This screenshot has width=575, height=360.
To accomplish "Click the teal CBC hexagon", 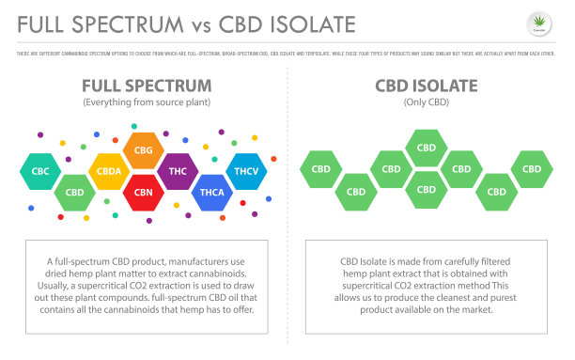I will [x=39, y=172].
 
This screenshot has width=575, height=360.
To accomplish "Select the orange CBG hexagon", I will [x=143, y=150].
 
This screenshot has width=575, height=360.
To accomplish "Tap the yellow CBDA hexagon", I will [x=109, y=172].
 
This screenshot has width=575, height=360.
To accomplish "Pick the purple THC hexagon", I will [x=177, y=172].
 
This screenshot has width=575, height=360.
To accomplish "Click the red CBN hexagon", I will [x=143, y=193].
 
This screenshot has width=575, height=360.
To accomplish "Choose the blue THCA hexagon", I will [x=210, y=193].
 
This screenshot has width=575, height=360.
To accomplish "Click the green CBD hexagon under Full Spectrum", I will [x=74, y=193].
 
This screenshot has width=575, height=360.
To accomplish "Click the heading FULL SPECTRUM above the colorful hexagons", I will [x=144, y=86].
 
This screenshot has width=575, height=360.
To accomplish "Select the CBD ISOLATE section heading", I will [x=427, y=86].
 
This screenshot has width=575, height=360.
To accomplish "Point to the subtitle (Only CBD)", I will [x=427, y=102].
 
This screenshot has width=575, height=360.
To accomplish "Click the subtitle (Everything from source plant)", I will [x=144, y=102].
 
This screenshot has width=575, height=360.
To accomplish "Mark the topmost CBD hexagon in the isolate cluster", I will [x=426, y=148].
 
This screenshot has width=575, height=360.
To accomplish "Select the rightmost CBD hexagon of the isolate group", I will [x=531, y=169].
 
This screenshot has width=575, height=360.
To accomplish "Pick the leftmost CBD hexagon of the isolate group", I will [x=320, y=169].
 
